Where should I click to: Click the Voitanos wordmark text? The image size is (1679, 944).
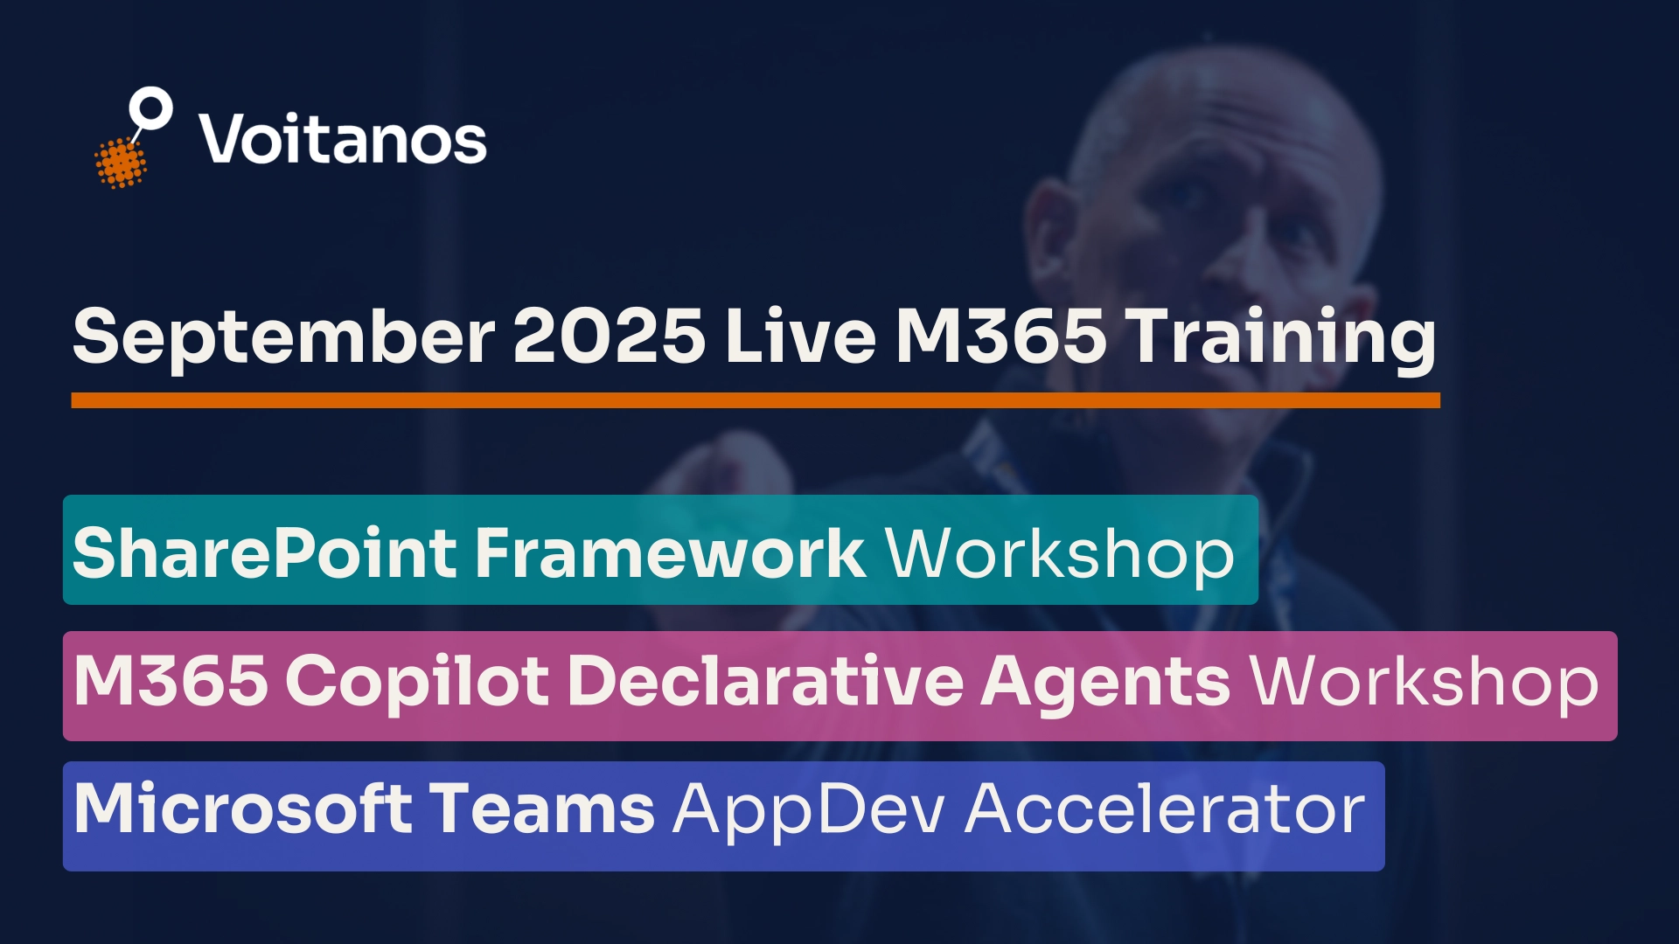click(x=343, y=140)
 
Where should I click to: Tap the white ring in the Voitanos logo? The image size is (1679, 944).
click(x=150, y=109)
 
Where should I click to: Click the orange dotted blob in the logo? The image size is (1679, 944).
click(x=120, y=163)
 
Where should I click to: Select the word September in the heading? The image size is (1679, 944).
click(x=284, y=338)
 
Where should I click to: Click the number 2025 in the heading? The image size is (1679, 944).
click(x=609, y=337)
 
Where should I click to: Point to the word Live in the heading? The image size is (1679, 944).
click(x=800, y=337)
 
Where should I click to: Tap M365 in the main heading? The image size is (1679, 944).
click(x=1000, y=337)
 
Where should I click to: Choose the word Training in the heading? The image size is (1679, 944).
click(x=1280, y=338)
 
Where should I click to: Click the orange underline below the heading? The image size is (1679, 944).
click(x=756, y=400)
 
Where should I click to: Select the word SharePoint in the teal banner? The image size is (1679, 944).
click(x=265, y=552)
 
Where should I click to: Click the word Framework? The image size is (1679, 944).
click(x=670, y=552)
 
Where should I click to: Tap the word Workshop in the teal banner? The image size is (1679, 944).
click(x=1060, y=554)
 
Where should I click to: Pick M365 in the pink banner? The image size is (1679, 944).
click(x=171, y=681)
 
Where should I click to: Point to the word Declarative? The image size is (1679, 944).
click(x=765, y=681)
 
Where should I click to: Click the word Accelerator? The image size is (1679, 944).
click(x=1165, y=809)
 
